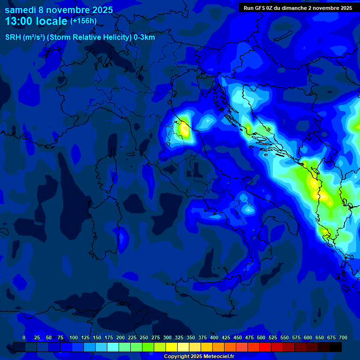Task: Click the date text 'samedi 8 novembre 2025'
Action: tap(59, 9)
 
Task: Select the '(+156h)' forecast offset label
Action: tap(83, 21)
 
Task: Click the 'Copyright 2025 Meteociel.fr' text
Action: tap(199, 357)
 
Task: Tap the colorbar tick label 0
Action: tap(24, 337)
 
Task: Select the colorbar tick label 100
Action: tap(74, 337)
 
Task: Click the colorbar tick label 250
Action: tap(144, 337)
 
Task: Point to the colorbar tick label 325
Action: tap(179, 337)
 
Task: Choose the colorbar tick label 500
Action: tap(261, 337)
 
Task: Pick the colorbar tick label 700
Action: tap(343, 337)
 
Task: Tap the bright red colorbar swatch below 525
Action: tap(265, 347)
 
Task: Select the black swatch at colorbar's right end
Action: tap(336, 347)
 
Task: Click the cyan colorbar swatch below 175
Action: tap(113, 347)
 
